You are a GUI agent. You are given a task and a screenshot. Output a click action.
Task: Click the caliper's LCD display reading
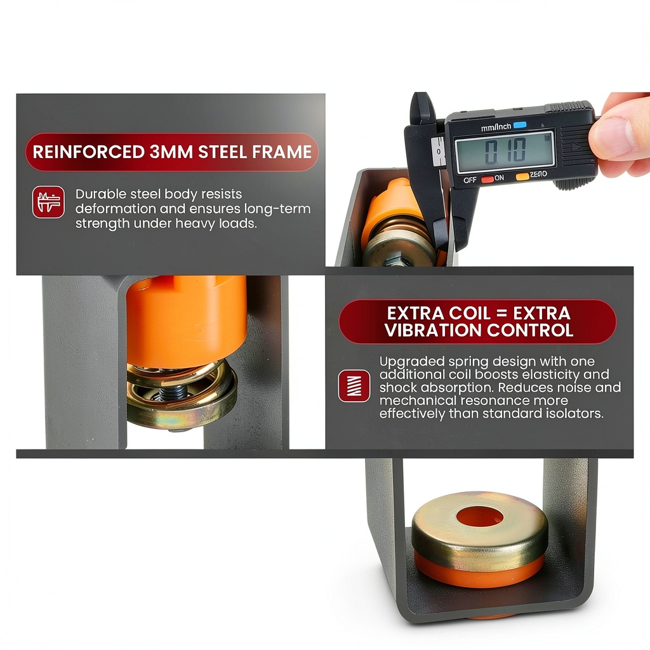pyautogui.click(x=505, y=152)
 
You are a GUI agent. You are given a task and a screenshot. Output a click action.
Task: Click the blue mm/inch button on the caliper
pyautogui.click(x=520, y=125)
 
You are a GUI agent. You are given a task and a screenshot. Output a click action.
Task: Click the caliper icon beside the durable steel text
pyautogui.click(x=48, y=202)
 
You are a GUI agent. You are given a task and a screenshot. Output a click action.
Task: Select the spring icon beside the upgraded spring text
pyautogui.click(x=354, y=386)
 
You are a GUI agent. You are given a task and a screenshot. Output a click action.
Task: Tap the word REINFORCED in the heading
pyautogui.click(x=88, y=152)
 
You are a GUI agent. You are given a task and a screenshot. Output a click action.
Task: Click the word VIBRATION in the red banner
pyautogui.click(x=433, y=330)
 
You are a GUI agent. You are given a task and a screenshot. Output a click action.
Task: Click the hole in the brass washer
pyautogui.click(x=480, y=517)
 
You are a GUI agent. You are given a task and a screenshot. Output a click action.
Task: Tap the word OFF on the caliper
pyautogui.click(x=470, y=180)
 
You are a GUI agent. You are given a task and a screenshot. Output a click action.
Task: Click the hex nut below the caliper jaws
pyautogui.click(x=397, y=260)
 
